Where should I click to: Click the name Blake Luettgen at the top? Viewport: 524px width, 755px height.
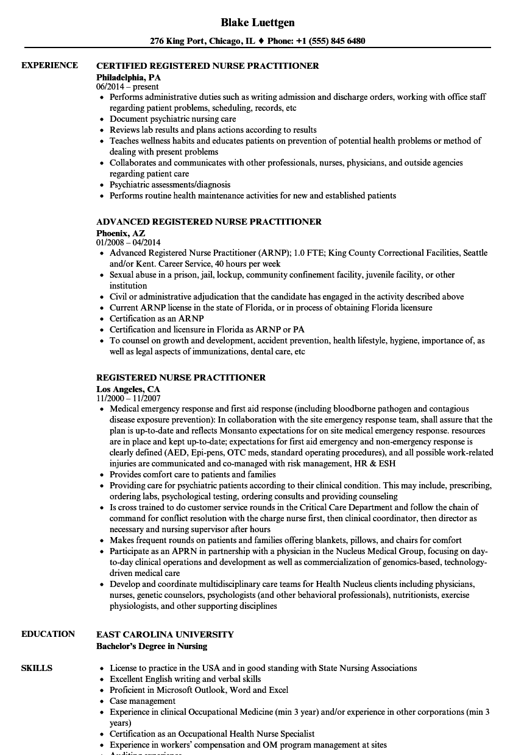(x=257, y=23)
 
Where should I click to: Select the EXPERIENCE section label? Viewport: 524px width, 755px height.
(x=49, y=65)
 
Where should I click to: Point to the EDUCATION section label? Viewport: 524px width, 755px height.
(x=48, y=634)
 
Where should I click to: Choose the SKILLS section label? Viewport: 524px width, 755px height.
(x=37, y=668)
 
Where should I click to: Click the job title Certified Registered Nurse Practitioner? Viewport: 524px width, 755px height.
(x=208, y=66)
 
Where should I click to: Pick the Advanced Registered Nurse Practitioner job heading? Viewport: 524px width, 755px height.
(x=209, y=222)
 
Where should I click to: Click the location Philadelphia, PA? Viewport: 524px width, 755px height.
(x=129, y=77)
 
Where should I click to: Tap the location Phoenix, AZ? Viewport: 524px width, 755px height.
(x=121, y=233)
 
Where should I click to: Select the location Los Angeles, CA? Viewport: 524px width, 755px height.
(x=128, y=389)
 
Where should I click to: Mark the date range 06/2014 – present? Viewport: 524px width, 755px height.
(x=127, y=87)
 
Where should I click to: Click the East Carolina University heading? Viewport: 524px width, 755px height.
(x=165, y=634)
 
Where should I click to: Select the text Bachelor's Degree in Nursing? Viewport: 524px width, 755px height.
(x=152, y=646)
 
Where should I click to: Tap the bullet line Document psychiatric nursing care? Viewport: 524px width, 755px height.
(x=172, y=119)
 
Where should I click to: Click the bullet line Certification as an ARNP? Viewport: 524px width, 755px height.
(x=157, y=318)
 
